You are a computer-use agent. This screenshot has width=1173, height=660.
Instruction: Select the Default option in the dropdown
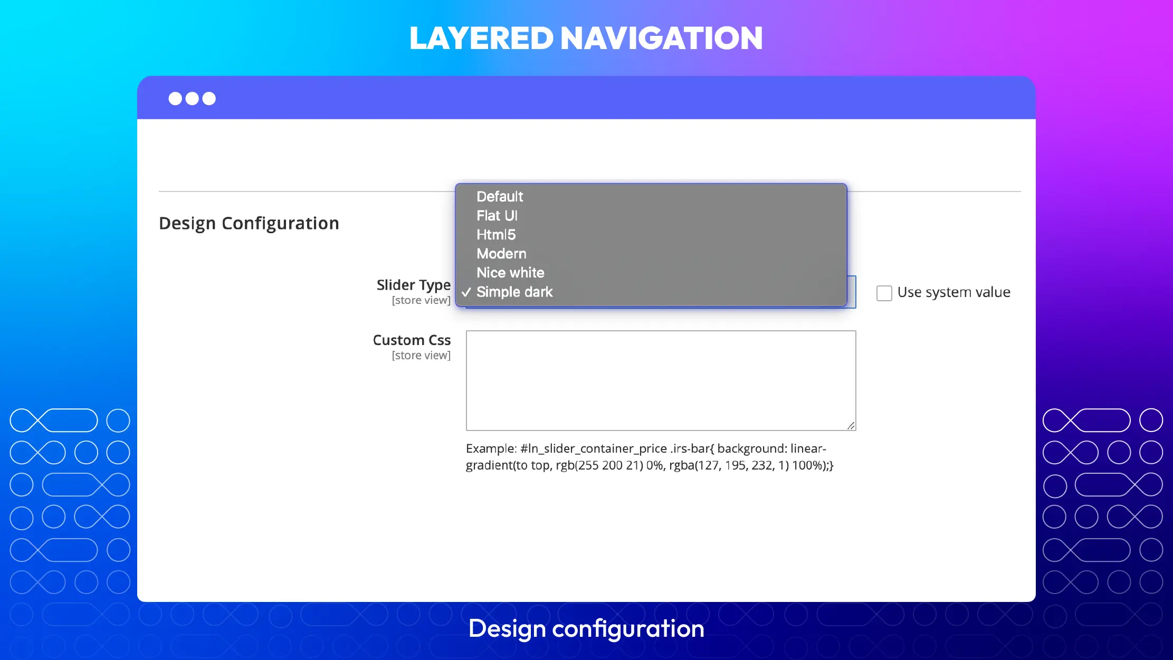coord(500,197)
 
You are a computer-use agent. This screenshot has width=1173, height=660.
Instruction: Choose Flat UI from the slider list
coord(497,216)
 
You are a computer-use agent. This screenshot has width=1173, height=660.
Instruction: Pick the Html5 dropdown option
coord(496,235)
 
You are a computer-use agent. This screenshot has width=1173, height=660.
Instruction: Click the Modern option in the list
coord(501,254)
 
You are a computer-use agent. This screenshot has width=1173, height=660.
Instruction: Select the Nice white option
coord(510,273)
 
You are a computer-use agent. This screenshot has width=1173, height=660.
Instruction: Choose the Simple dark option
coord(514,292)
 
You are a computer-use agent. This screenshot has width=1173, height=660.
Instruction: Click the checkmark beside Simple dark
coord(466,292)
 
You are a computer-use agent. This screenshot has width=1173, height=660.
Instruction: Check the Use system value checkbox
coord(884,293)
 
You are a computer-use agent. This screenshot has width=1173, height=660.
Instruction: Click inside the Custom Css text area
coord(661,380)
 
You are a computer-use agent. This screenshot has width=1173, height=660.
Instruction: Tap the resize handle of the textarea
coord(851,426)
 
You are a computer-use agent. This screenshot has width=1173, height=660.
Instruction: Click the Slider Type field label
coord(414,285)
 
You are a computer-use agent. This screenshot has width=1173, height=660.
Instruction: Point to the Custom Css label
coord(412,340)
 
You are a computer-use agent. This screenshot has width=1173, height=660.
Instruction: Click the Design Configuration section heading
coord(249,223)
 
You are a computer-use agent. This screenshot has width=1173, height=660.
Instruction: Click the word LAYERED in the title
coord(481,39)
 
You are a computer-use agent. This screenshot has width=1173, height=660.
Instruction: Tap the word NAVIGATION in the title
coord(662,39)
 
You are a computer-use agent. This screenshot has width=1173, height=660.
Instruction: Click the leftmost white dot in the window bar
coord(175,99)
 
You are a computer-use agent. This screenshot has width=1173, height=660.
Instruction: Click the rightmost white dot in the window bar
coord(209,99)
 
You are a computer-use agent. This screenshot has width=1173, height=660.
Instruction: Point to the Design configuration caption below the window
coord(586,629)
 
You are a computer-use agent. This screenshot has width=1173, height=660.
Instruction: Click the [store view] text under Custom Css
coord(421,356)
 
